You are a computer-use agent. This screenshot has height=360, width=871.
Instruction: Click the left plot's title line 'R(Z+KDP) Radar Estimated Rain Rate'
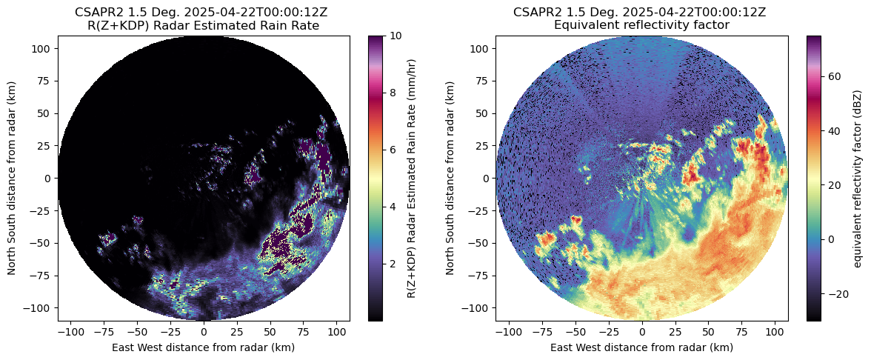(x=203, y=25)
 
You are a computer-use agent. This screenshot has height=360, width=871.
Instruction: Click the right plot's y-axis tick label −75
(x=481, y=275)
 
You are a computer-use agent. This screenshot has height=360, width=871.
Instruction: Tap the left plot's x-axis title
(x=203, y=347)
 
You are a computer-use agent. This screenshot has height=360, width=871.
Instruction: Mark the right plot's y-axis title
(x=450, y=179)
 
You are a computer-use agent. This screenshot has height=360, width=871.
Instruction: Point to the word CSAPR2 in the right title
(x=538, y=12)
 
